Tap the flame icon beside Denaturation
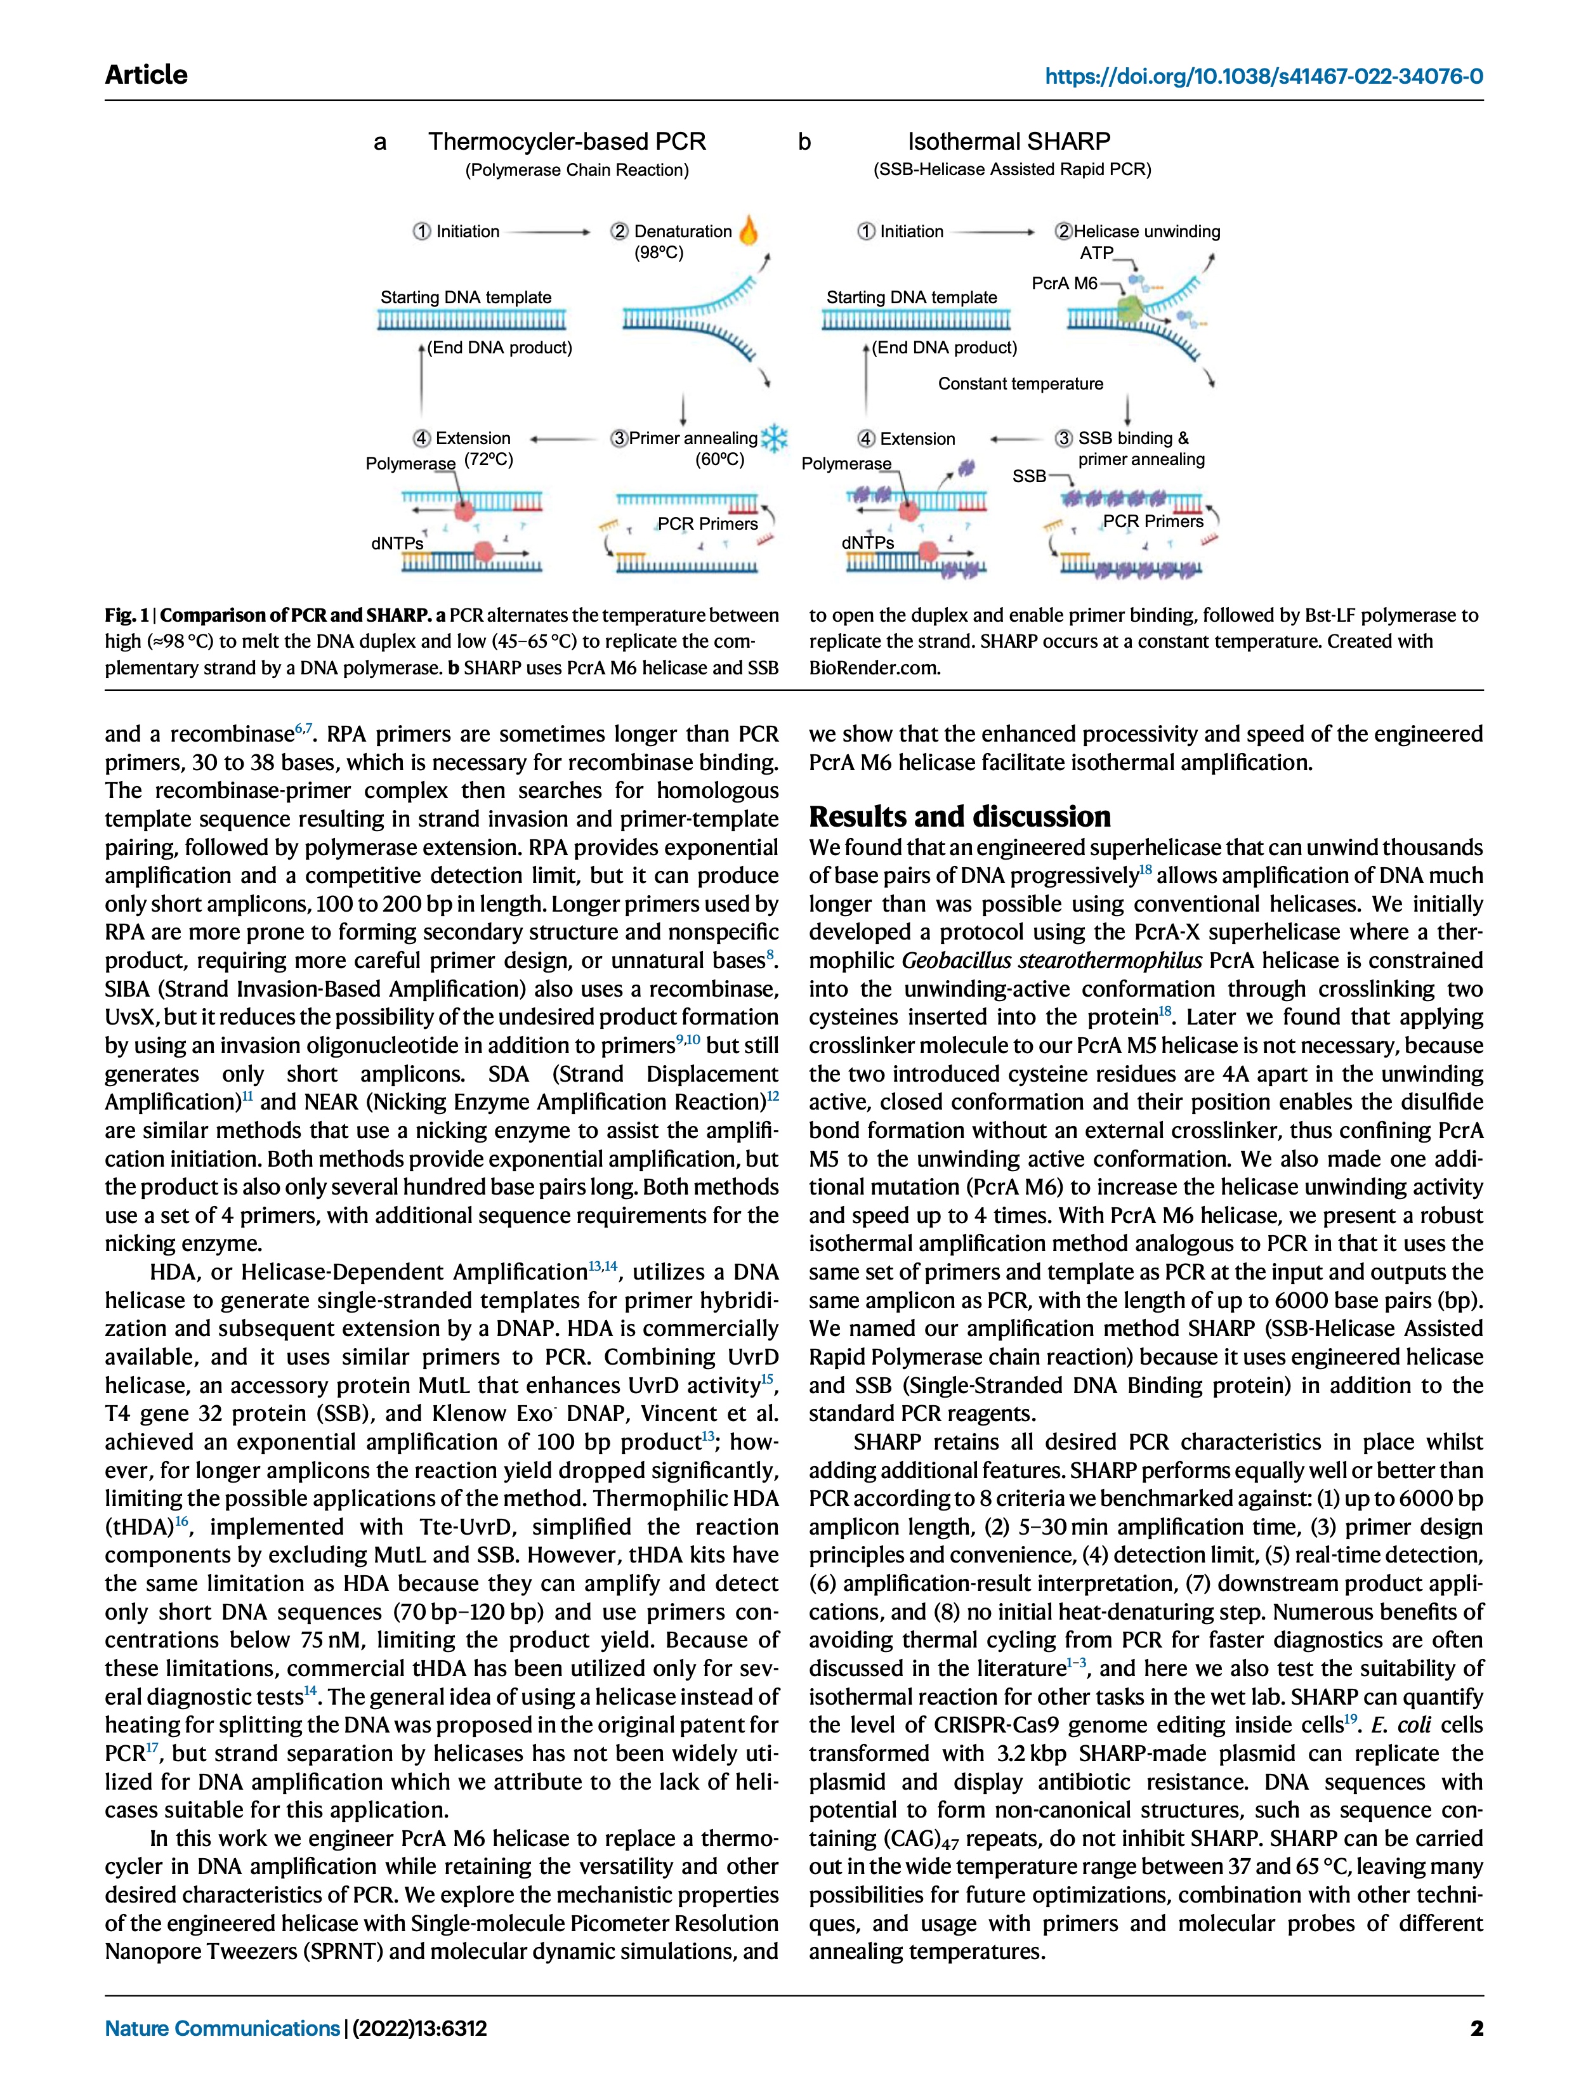pyautogui.click(x=748, y=230)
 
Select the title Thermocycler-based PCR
pyautogui.click(x=567, y=142)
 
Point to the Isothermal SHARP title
pyautogui.click(x=1009, y=142)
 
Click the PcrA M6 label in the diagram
pyautogui.click(x=1065, y=283)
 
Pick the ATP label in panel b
pyautogui.click(x=1097, y=253)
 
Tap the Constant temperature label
pyautogui.click(x=1020, y=384)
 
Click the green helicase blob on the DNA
pyautogui.click(x=1130, y=308)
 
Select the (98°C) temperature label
pyautogui.click(x=659, y=252)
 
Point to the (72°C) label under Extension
pyautogui.click(x=489, y=459)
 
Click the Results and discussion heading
pyautogui.click(x=959, y=816)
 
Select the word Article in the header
pyautogui.click(x=147, y=75)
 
